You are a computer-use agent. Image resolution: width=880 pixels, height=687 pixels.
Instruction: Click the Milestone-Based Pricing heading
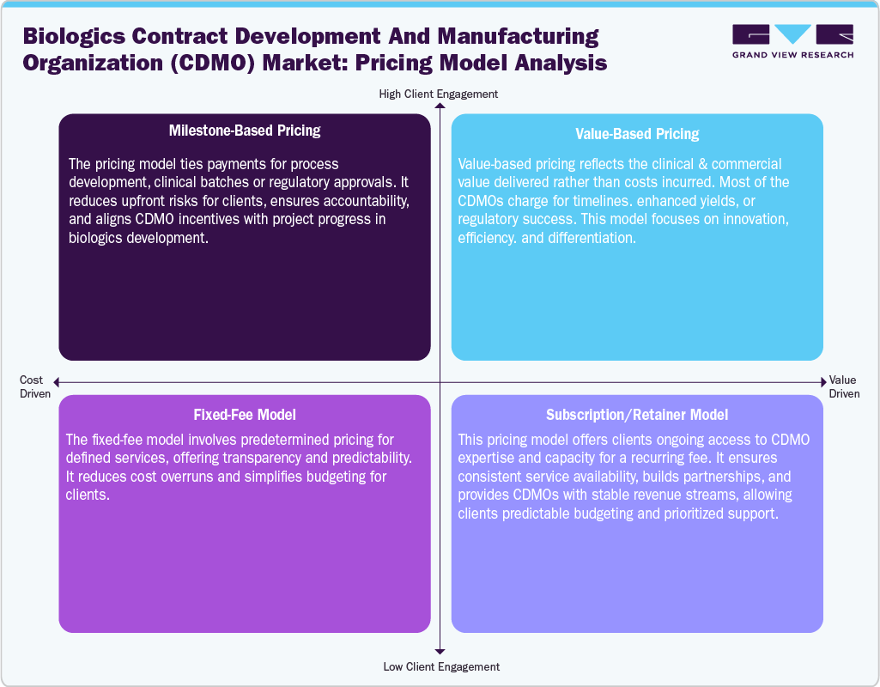(x=245, y=131)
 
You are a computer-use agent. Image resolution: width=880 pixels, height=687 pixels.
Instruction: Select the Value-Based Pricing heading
(x=637, y=133)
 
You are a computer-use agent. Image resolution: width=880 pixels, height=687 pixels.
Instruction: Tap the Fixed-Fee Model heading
(x=245, y=414)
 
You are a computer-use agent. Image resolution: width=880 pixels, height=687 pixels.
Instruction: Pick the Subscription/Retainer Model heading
(x=637, y=415)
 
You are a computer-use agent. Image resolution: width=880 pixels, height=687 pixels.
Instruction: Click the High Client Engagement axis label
(x=439, y=94)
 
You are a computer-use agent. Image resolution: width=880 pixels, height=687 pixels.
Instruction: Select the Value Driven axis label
(x=842, y=386)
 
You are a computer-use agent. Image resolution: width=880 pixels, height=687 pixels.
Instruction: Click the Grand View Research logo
(x=792, y=41)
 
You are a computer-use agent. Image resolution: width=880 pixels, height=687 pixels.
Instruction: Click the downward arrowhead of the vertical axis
(x=440, y=652)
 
